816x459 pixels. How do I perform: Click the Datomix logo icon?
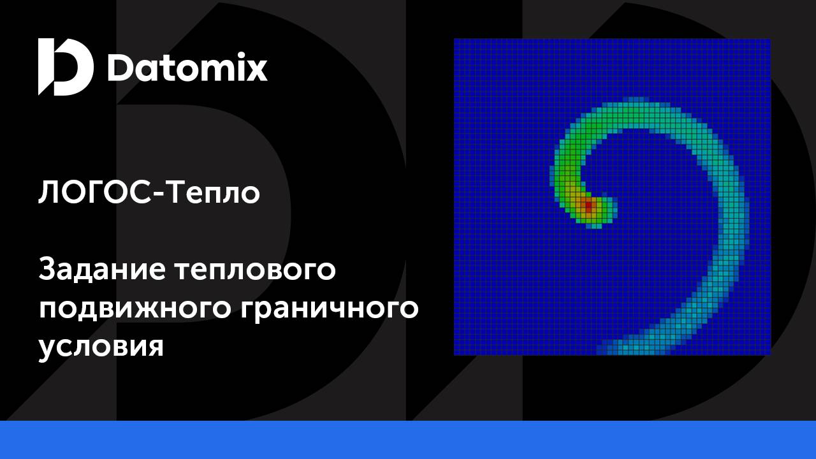pyautogui.click(x=65, y=66)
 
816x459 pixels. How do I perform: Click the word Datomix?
pyautogui.click(x=187, y=68)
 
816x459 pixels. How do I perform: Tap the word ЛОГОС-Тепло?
pyautogui.click(x=149, y=192)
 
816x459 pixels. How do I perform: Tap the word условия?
pyautogui.click(x=101, y=347)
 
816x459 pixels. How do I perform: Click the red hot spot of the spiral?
pyautogui.click(x=588, y=206)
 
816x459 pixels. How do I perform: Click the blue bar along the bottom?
pyautogui.click(x=408, y=440)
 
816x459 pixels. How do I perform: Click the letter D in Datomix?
pyautogui.click(x=120, y=68)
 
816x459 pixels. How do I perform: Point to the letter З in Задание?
pyautogui.click(x=48, y=270)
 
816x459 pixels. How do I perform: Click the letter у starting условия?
pyautogui.click(x=47, y=349)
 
